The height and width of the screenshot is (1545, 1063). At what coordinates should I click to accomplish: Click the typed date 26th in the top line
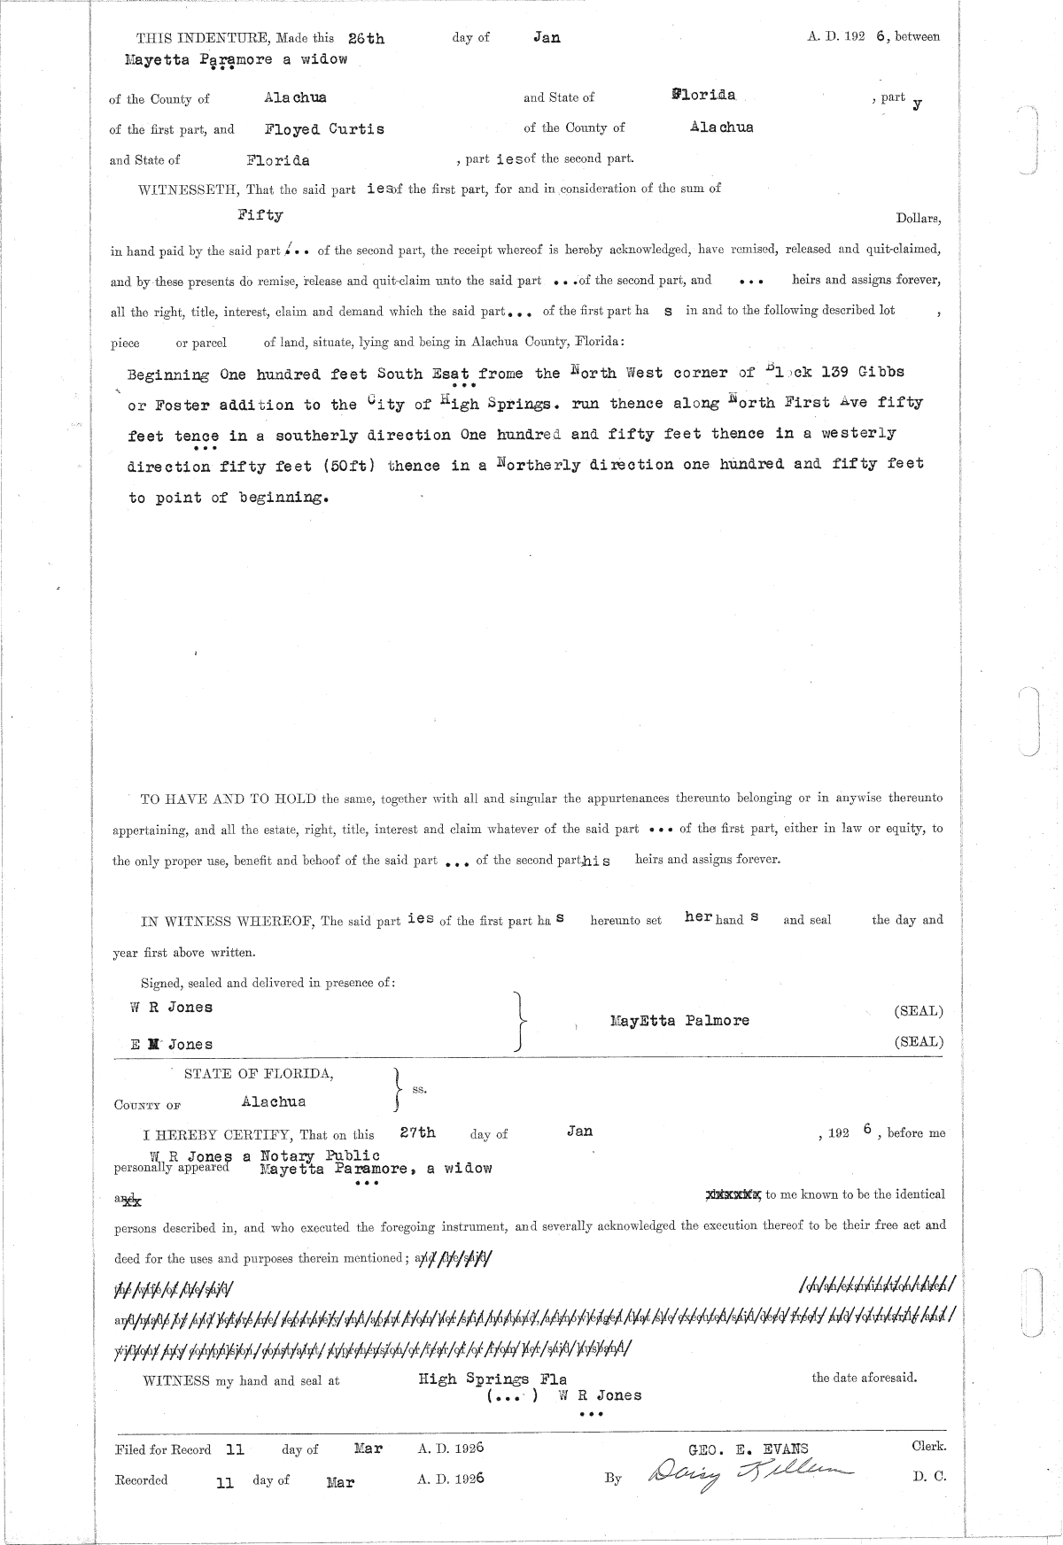tap(367, 38)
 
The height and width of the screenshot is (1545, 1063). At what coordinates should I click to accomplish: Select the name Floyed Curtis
tap(324, 128)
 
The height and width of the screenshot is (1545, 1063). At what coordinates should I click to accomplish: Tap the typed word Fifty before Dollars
tap(260, 214)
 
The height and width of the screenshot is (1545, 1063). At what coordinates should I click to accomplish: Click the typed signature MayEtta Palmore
tap(679, 1020)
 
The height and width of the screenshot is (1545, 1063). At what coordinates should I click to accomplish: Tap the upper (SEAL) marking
tap(919, 1010)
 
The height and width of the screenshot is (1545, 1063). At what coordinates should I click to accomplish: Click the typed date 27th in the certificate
tap(417, 1132)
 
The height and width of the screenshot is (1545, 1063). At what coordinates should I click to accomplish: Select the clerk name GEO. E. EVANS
tap(754, 1448)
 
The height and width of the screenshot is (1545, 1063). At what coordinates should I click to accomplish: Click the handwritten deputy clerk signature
tap(751, 1475)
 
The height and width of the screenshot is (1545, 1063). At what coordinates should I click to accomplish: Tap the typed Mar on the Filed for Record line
tap(368, 1448)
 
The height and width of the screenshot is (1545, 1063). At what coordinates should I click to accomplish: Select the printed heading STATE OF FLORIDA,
tap(259, 1074)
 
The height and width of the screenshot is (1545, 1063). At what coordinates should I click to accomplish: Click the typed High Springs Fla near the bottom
tap(493, 1379)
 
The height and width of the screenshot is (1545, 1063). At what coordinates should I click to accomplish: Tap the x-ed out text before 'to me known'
tap(733, 1194)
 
